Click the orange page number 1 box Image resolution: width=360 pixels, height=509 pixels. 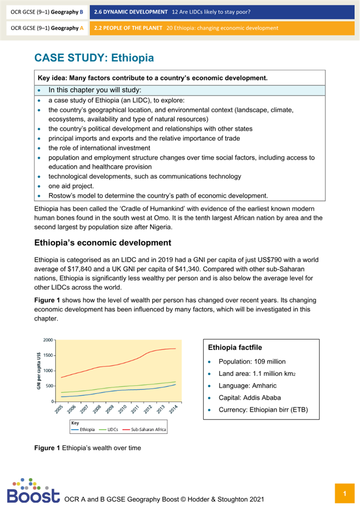point(344,494)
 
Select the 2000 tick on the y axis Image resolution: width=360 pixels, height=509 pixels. point(47,340)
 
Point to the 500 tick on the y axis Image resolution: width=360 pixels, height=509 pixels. point(48,386)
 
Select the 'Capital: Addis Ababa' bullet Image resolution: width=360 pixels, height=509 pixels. point(250,398)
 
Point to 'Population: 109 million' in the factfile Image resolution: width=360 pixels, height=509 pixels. point(252,361)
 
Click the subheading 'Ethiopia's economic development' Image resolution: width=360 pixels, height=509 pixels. point(102,242)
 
